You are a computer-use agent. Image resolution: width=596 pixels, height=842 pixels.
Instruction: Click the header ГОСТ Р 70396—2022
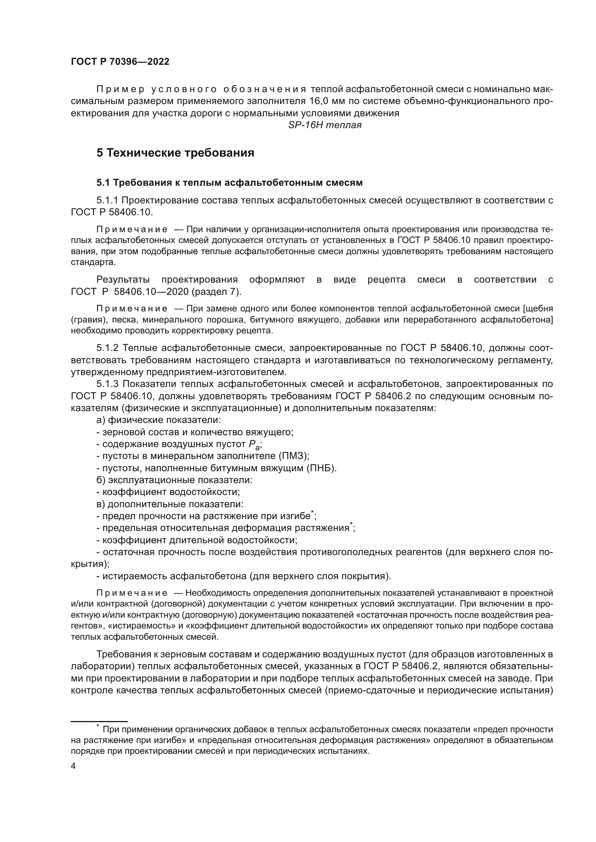(120, 62)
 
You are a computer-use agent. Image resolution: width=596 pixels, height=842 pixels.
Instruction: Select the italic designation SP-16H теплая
(325, 125)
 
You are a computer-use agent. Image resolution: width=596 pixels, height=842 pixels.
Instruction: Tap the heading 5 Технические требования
(175, 153)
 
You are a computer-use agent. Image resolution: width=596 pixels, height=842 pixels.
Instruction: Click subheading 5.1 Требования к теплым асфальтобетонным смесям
(230, 183)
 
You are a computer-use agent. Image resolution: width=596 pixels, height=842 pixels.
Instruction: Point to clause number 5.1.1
(107, 200)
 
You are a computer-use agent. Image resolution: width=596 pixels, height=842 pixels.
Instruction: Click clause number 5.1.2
(107, 348)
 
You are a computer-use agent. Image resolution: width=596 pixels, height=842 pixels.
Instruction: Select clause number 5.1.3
(107, 384)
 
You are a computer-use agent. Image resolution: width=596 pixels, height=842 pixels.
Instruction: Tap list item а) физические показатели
(159, 420)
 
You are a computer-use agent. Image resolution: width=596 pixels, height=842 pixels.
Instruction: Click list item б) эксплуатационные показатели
(174, 480)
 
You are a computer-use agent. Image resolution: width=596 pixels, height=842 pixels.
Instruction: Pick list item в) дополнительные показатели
(170, 504)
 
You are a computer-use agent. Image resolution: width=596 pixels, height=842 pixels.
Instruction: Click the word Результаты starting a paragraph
(123, 280)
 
